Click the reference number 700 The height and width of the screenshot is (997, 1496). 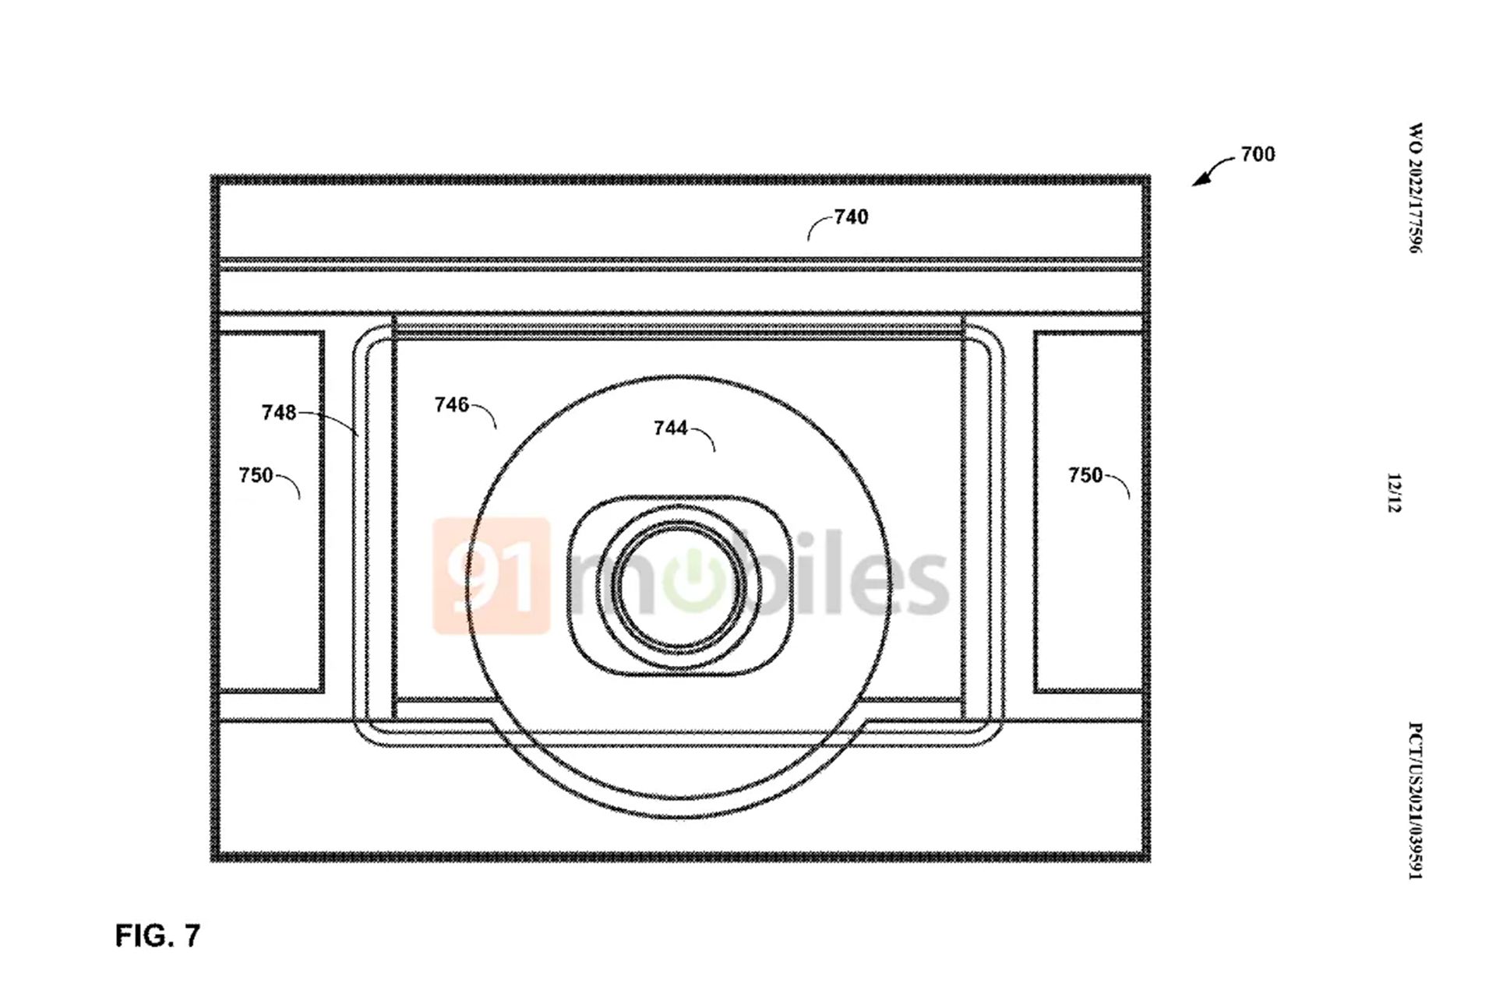[1258, 154]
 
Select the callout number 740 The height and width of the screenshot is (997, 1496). [851, 217]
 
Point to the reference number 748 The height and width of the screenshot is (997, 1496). [279, 412]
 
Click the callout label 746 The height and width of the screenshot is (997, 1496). [452, 404]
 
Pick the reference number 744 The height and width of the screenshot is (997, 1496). [671, 428]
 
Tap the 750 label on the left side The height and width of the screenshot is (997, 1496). [256, 475]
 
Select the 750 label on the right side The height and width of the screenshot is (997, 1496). [1085, 475]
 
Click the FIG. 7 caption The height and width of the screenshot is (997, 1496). [158, 935]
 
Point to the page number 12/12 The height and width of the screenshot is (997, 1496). [1394, 493]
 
